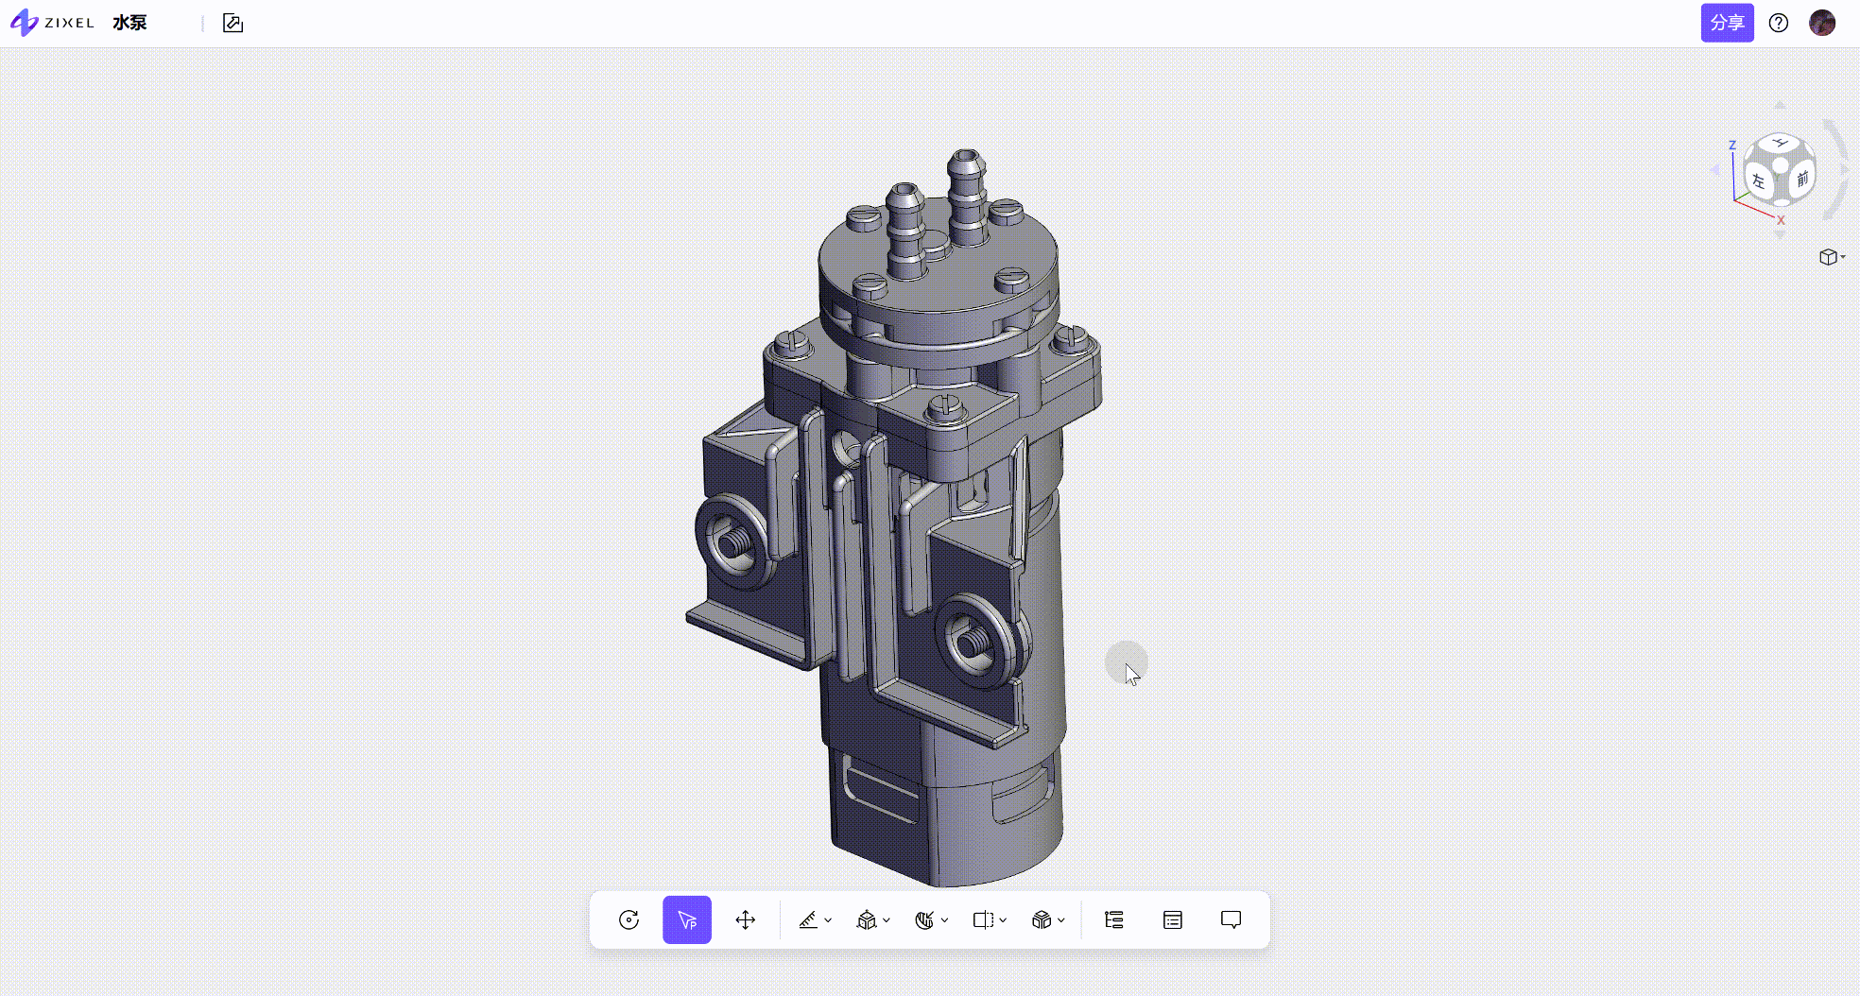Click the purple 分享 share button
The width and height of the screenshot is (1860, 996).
tap(1727, 23)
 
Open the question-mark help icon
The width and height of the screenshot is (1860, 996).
tap(1779, 23)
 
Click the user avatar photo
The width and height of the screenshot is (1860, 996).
tap(1822, 23)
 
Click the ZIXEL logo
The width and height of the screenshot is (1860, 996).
tap(52, 23)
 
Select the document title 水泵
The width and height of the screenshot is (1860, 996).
tap(129, 23)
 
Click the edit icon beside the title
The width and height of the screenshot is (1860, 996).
tap(232, 23)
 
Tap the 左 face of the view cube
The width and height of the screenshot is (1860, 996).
tap(1758, 180)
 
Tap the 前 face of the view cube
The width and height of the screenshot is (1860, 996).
tap(1801, 178)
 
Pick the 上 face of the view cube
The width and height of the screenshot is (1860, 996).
tap(1781, 143)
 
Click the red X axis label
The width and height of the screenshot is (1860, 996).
tap(1781, 220)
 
